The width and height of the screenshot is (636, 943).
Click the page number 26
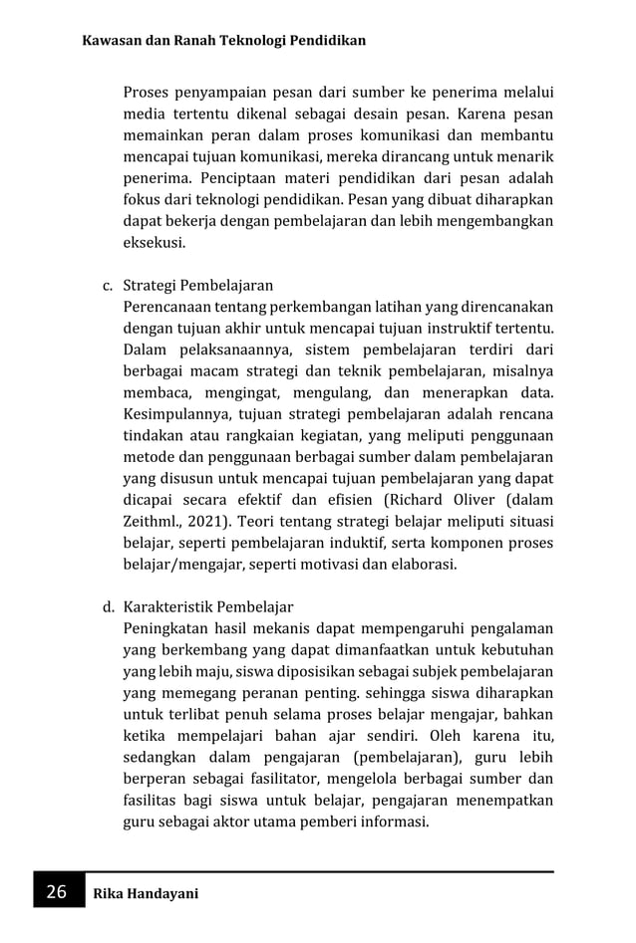coord(54,892)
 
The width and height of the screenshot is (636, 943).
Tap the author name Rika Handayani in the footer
coord(146,893)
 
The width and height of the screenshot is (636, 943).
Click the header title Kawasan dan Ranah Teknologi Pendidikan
coord(224,41)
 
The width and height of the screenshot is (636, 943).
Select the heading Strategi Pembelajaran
coord(198,287)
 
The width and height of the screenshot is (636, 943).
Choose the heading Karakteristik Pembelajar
coord(208,606)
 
